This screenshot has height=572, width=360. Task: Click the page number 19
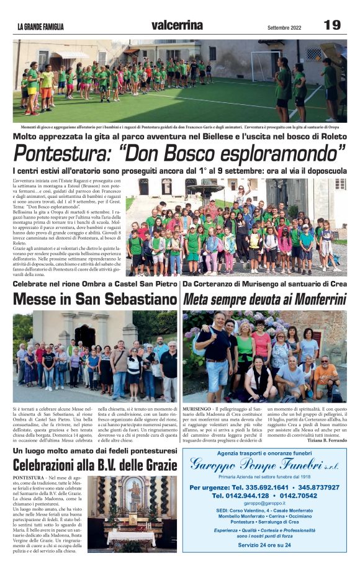(331, 25)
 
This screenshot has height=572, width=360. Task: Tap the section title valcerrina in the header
(177, 25)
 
